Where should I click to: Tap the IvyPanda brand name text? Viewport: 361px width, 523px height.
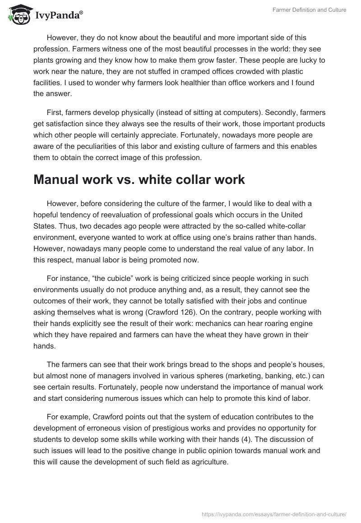(x=59, y=16)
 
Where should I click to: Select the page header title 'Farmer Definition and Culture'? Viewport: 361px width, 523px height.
(x=309, y=10)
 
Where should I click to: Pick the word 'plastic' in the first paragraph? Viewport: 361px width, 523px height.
(x=291, y=72)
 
